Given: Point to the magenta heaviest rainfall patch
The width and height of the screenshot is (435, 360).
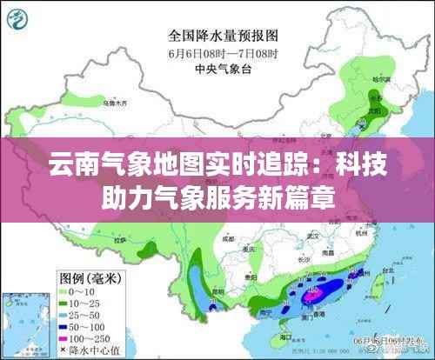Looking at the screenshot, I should point(311,296).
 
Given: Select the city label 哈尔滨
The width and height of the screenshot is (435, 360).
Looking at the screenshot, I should point(377,80).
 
